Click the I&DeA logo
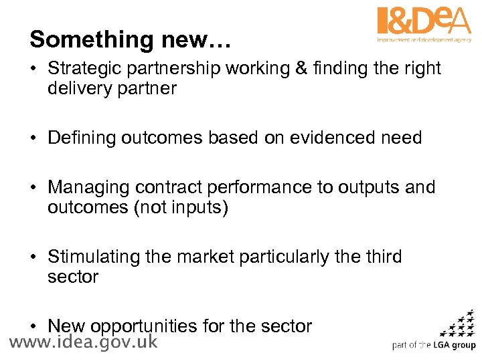[424, 23]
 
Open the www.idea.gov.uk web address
[84, 343]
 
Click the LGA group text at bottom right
[453, 346]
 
